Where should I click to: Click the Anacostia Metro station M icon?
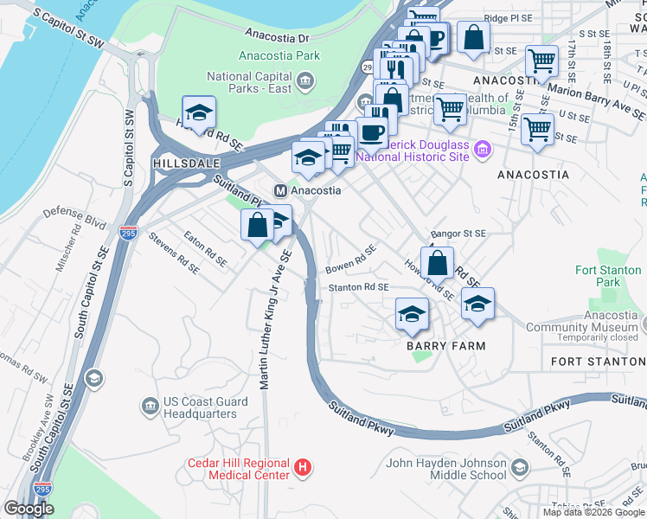click(280, 190)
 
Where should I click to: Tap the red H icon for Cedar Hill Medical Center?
click(302, 469)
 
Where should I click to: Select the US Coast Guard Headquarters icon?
click(150, 405)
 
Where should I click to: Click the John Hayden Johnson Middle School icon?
click(519, 468)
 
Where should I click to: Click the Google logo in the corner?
click(29, 509)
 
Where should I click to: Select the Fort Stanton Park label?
click(609, 276)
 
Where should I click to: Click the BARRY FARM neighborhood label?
click(445, 346)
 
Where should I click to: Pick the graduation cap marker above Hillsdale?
click(199, 113)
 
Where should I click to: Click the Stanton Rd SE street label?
click(357, 287)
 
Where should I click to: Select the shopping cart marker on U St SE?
click(538, 129)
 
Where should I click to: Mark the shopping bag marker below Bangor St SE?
click(438, 262)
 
